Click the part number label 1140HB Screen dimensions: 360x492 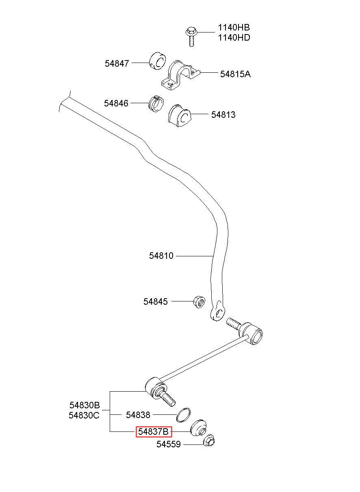point(234,28)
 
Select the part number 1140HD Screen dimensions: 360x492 point(234,38)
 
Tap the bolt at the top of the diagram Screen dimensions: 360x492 point(191,37)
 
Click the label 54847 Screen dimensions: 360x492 point(117,63)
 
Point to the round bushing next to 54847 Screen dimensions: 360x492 point(158,61)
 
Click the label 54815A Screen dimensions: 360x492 point(235,74)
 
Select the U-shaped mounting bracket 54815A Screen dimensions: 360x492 point(180,75)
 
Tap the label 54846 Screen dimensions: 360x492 point(116,103)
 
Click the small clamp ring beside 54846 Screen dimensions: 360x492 point(156,104)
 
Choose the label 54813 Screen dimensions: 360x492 point(223,115)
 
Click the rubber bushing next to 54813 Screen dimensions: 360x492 point(180,116)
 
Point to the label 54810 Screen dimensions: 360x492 point(161,256)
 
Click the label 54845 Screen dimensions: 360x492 point(156,301)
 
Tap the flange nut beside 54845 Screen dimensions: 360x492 point(199,302)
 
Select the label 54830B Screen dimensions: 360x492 point(85,405)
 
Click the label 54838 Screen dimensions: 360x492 point(138,415)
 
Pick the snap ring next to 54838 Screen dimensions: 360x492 point(183,415)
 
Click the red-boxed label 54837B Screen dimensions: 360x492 point(154,432)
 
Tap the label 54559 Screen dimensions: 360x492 point(169,444)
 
